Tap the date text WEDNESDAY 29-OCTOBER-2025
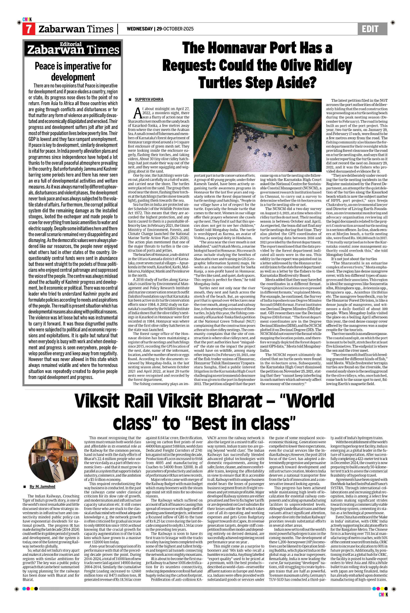coord(160,29)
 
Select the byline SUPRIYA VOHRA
coord(149,100)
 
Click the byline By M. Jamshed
coord(42,487)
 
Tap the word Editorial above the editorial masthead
coord(71,44)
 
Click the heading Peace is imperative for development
coord(73,71)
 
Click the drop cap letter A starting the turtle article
coord(137,113)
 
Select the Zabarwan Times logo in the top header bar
coord(76,29)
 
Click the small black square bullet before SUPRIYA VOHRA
coord(130,100)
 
